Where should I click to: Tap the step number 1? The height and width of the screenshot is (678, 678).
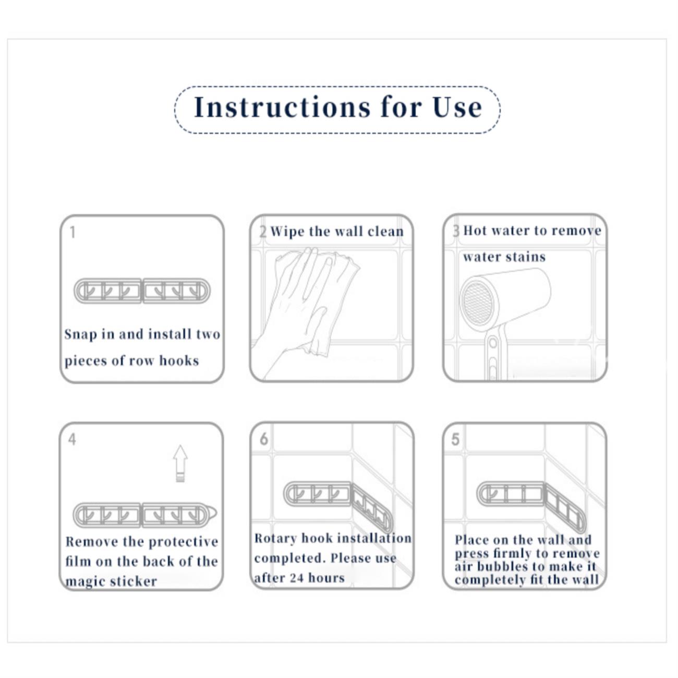pos(72,232)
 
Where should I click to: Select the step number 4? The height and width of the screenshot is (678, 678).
pos(72,440)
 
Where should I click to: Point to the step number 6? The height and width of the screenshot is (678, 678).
pos(264,439)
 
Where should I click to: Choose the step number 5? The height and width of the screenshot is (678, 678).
pos(455,440)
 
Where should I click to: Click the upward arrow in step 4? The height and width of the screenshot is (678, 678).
pos(180,463)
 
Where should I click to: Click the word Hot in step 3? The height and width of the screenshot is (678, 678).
pos(475,231)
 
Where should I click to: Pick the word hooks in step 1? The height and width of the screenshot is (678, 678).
pos(179,360)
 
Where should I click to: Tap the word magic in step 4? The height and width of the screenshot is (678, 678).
pos(83,582)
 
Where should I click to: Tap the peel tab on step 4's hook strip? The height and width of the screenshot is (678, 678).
pos(213,514)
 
